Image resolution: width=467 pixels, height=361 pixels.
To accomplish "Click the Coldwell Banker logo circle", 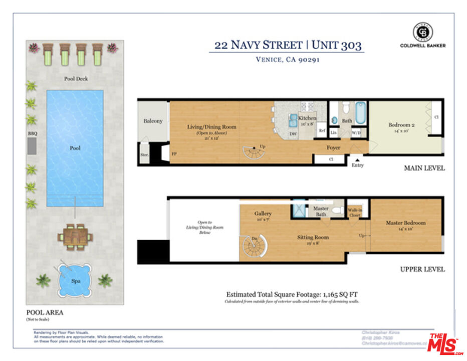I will tap(422, 32).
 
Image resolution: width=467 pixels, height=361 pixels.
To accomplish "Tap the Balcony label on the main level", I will tap(153, 121).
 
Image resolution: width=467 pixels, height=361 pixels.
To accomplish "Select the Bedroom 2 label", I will tap(401, 125).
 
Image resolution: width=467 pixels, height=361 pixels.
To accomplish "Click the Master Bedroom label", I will tap(405, 223).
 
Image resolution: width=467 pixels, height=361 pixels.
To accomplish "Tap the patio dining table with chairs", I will tap(75, 236).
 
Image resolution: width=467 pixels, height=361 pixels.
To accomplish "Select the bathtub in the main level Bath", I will tap(361, 113).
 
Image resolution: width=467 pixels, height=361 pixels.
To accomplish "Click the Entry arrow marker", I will tap(357, 160).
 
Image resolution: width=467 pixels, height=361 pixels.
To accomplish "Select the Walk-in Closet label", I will tap(355, 212).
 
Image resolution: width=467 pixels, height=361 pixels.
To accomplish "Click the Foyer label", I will tap(334, 147).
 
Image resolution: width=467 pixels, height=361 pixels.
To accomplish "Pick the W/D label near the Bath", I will tap(356, 133).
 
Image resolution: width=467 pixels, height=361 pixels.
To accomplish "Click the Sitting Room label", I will tap(313, 237).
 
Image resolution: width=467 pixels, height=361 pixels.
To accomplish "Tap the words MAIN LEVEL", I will tap(424, 168).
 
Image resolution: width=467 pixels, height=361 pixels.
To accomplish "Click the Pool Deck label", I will tap(76, 79).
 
